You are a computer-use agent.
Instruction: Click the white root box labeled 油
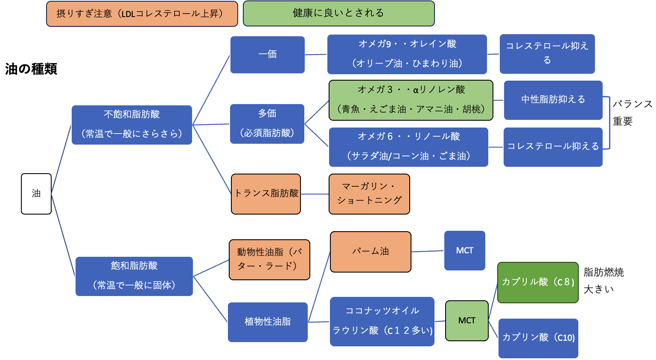[x=36, y=194]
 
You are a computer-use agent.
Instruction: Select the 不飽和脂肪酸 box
[x=131, y=125]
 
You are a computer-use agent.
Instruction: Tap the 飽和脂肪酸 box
[x=134, y=276]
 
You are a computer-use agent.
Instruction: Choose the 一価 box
[x=267, y=55]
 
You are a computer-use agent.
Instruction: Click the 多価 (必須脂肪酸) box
[x=267, y=124]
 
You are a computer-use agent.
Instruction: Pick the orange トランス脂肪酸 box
[x=266, y=194]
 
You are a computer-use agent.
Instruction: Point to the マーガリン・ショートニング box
[x=369, y=194]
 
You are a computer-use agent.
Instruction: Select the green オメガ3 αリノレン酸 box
[x=411, y=100]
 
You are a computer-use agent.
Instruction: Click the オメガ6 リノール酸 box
[x=408, y=147]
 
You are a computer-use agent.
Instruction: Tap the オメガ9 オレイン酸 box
[x=407, y=54]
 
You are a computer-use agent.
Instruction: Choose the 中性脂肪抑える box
[x=553, y=100]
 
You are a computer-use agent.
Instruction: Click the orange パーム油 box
[x=370, y=252]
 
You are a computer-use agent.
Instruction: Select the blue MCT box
[x=464, y=250]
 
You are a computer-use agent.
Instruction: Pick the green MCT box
[x=466, y=321]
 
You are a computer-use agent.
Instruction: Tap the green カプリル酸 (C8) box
[x=538, y=282]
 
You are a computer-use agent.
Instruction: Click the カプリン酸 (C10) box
[x=538, y=338]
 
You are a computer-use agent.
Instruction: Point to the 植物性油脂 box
[x=268, y=322]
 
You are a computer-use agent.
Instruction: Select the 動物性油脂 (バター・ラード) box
[x=269, y=259]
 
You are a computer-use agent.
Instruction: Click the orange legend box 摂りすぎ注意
[x=142, y=14]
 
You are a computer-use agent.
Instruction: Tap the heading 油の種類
[x=31, y=69]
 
